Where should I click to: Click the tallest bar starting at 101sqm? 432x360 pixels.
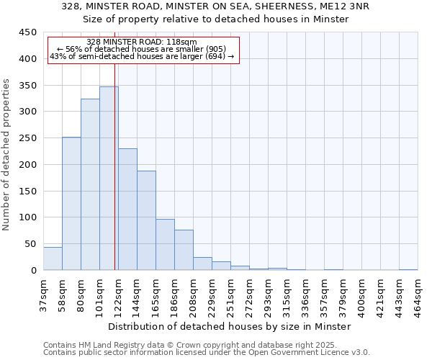coord(109,179)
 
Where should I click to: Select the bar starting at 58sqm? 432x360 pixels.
coord(71,204)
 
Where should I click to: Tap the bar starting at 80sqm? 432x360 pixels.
coord(90,184)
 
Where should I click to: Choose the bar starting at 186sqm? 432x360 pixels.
coord(184,250)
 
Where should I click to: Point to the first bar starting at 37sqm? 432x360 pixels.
coord(53,258)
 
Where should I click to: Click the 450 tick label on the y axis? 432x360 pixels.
coord(27,32)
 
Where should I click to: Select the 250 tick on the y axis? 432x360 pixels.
coord(27,138)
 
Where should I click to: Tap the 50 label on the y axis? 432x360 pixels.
coord(30,244)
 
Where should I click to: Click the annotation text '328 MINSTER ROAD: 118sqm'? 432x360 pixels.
coord(141,42)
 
